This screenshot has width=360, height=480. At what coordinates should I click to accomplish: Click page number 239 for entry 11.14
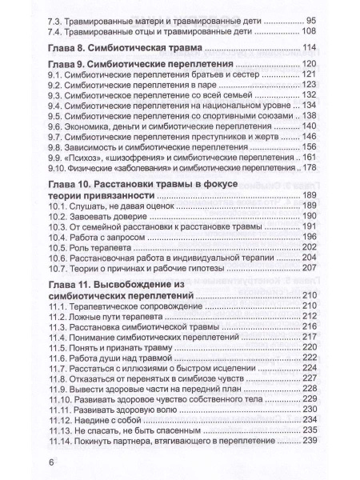312,442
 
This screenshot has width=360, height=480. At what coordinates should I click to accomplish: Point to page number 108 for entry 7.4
312,31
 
